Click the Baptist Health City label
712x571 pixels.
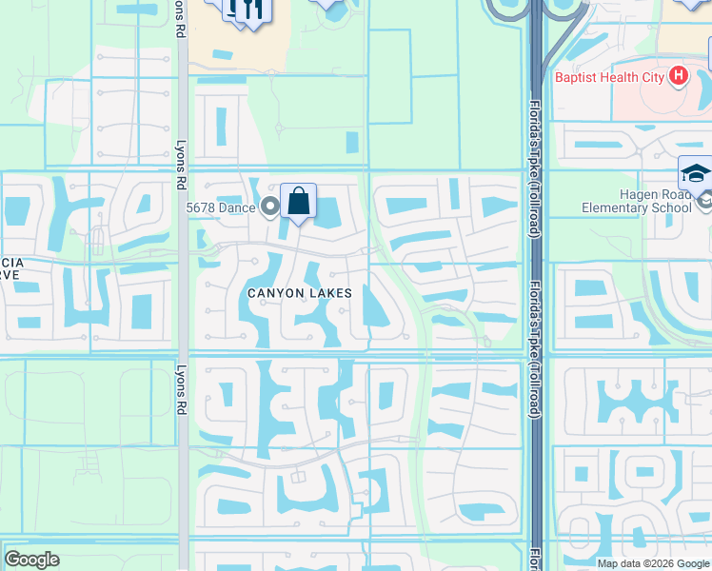coord(608,74)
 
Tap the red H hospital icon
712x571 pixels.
coord(679,74)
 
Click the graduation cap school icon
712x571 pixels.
coord(695,174)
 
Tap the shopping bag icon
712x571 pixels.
coord(298,202)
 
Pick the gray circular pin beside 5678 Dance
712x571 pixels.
coord(270,206)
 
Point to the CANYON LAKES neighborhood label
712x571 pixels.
coord(300,294)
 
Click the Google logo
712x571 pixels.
coord(31,560)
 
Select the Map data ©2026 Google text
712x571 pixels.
coord(652,563)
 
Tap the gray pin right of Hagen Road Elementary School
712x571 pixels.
coord(704,201)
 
